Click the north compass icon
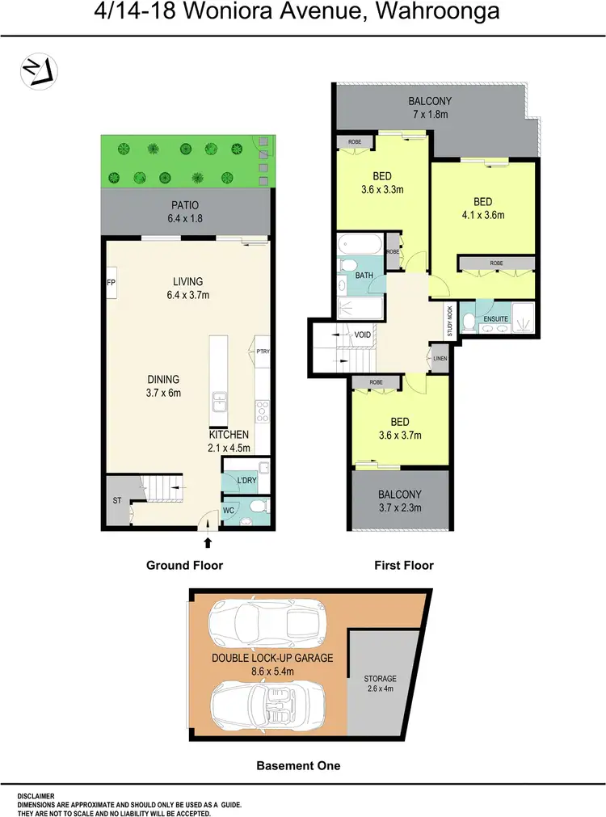pos(37,70)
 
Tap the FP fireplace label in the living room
pos(111,283)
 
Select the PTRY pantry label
pos(263,351)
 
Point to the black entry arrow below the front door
pos(208,543)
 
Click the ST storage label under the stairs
pos(117,500)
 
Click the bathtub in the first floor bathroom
pos(361,242)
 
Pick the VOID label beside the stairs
pos(363,335)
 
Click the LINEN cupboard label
pos(440,358)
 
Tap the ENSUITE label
pos(496,319)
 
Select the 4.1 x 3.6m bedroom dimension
pos(482,215)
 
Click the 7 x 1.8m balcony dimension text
pos(429,115)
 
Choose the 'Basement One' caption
pos(298,765)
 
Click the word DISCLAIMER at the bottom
pos(40,796)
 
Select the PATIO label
pos(184,205)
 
